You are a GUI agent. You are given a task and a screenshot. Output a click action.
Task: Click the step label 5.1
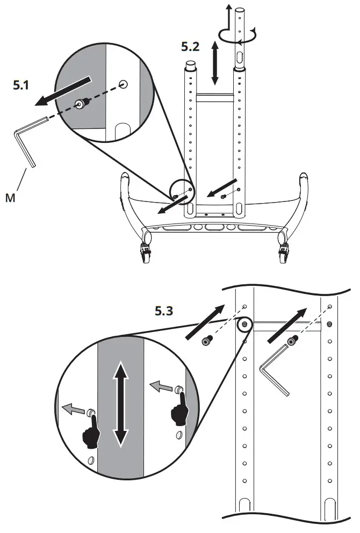(23, 85)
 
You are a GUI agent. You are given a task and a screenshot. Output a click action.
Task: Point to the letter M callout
(10, 198)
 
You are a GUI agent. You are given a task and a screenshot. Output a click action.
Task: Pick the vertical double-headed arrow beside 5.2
(215, 63)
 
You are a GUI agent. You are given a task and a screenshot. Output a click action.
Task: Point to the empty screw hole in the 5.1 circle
(123, 84)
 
